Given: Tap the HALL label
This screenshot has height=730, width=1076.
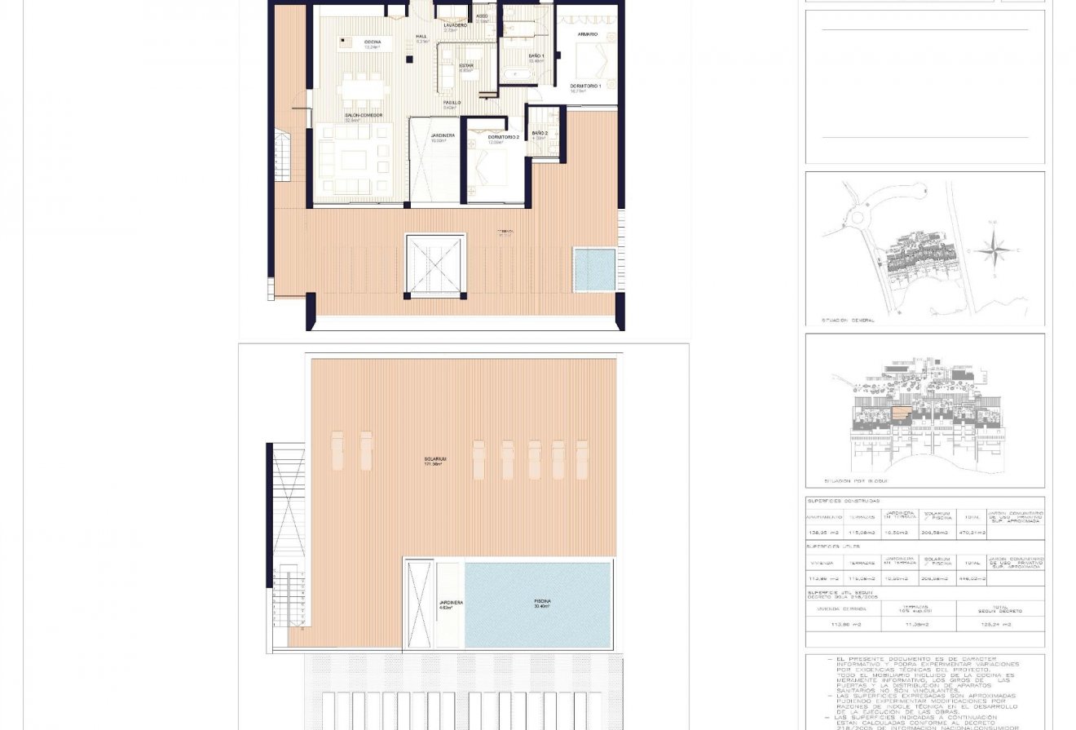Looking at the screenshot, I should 421,37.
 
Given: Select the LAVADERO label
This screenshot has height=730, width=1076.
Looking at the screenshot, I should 456,25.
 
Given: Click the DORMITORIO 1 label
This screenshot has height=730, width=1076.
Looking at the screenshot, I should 584,86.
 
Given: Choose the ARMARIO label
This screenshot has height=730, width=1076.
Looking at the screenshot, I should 588,34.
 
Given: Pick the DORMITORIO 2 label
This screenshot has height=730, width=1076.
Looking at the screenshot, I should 504,137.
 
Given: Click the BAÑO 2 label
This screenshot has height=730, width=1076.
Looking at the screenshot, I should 540,133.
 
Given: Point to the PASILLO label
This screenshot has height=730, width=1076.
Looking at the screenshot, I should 452,103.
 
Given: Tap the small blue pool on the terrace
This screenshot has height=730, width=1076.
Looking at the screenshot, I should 594,270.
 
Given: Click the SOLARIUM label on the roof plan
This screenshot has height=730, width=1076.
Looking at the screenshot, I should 434,459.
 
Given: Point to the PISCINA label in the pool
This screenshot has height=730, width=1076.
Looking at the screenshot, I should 540,601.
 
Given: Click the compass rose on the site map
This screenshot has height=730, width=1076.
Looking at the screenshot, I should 993,250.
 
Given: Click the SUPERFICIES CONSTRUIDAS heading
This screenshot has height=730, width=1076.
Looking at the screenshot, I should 843,502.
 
